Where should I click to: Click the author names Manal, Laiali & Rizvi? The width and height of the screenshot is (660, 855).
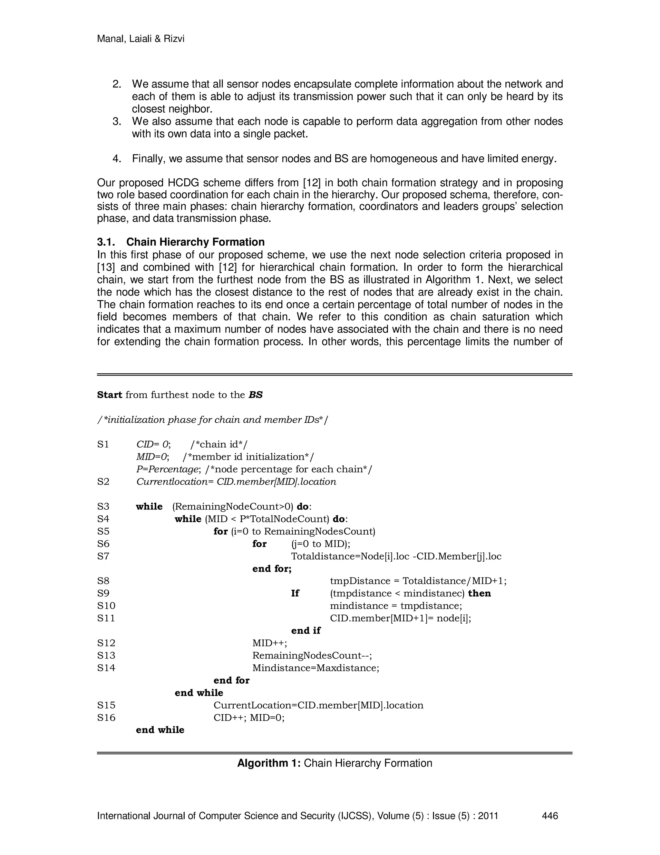141,39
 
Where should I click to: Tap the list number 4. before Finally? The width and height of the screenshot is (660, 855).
117,159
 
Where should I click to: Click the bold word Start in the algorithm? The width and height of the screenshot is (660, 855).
110,395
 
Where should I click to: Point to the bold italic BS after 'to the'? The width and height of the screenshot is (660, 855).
255,395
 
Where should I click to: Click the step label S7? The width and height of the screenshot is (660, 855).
103,556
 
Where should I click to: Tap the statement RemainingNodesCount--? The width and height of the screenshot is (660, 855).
312,655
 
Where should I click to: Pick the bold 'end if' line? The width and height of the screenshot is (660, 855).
306,631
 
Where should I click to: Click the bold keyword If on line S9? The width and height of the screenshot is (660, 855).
295,593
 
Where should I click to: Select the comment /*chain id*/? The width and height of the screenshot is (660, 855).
218,444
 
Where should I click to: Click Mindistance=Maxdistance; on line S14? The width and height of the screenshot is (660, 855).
315,668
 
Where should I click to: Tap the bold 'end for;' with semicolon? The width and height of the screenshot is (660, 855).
272,568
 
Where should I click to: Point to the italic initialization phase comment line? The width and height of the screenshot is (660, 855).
212,420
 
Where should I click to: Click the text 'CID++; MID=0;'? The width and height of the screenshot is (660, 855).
249,718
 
